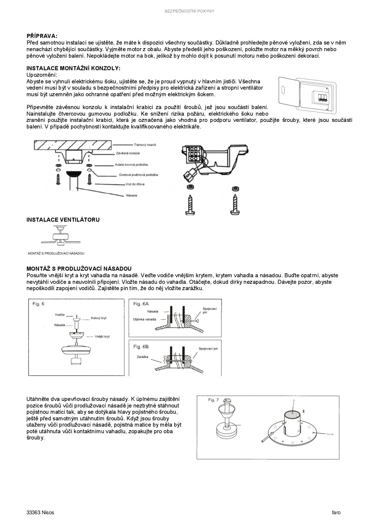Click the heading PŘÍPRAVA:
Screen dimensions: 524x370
(42, 36)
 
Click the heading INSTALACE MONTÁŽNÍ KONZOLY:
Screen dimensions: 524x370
(73, 68)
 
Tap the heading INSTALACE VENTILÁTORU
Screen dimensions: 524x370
(63, 220)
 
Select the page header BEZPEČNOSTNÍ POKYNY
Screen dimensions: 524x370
(189, 11)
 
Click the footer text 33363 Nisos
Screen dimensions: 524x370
(40, 513)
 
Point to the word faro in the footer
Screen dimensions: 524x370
(336, 513)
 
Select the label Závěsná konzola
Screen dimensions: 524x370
(128, 153)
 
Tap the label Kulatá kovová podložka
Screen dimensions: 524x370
(131, 165)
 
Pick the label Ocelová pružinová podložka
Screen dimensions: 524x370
(138, 175)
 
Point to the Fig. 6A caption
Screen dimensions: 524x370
(141, 304)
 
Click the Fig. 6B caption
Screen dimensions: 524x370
(141, 347)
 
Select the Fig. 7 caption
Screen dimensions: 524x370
(213, 400)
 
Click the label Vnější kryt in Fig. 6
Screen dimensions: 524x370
(102, 336)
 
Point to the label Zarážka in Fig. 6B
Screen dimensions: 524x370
(143, 357)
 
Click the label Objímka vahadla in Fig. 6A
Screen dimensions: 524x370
(144, 319)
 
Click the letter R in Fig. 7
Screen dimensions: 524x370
(303, 411)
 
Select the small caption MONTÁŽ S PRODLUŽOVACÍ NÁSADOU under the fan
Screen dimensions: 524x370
(56, 253)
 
